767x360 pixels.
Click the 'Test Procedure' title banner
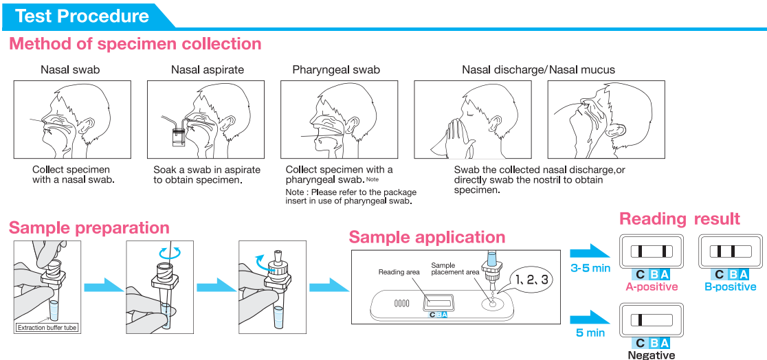(x=82, y=15)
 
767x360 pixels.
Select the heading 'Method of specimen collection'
(x=135, y=45)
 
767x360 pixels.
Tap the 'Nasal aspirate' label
(x=207, y=69)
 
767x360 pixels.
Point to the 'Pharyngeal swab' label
(x=336, y=69)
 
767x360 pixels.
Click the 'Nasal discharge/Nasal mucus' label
(x=538, y=69)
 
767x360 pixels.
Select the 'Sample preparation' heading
(x=89, y=227)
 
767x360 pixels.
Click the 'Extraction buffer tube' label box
(x=47, y=328)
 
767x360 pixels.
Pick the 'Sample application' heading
(x=427, y=238)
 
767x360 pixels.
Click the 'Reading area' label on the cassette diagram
(x=399, y=273)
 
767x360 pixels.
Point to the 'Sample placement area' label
(x=455, y=269)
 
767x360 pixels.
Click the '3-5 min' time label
(x=591, y=269)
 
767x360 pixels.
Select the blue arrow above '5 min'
(x=589, y=318)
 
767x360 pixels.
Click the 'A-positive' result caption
(x=650, y=287)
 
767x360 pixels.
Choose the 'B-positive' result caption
(x=730, y=287)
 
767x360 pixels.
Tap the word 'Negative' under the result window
(x=651, y=355)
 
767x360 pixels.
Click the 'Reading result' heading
(x=680, y=219)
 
